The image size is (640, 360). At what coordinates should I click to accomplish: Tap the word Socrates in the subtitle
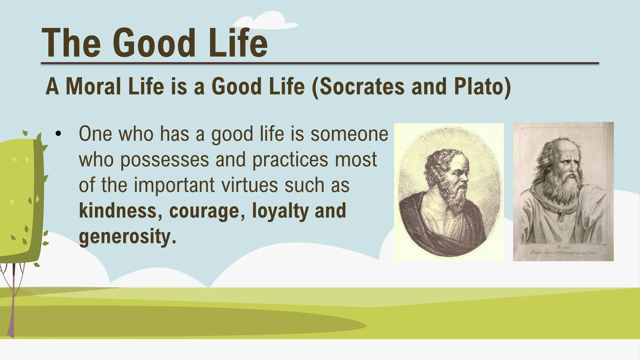pos(362,87)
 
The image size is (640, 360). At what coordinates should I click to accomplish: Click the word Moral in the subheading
pos(93,87)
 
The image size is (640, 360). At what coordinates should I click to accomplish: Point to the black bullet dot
pos(58,134)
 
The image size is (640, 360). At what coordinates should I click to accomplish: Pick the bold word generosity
pos(127,237)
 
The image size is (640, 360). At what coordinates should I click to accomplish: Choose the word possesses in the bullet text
pos(164,160)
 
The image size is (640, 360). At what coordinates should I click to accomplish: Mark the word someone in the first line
pos(349,134)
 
